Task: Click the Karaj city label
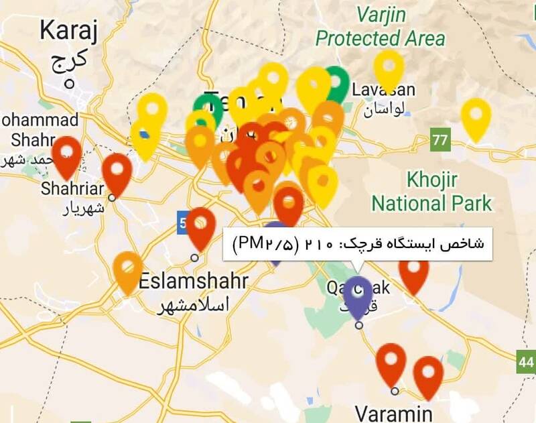68,30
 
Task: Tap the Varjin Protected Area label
380,25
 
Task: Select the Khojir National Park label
431,191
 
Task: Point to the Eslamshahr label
193,282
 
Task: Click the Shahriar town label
73,188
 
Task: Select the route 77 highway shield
440,141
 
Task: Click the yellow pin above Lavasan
389,66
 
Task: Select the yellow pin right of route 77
476,115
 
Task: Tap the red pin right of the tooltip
413,271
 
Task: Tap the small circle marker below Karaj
69,84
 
